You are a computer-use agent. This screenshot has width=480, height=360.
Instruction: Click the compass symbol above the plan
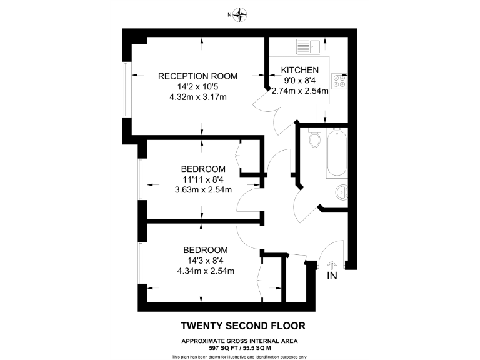coord(240,14)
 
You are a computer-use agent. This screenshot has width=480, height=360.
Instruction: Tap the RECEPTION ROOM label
coord(198,76)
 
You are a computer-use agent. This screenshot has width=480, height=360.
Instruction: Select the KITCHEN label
coord(300,70)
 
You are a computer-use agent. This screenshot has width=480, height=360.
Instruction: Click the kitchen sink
coord(309,46)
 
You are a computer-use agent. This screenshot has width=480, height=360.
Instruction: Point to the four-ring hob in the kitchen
coord(340,80)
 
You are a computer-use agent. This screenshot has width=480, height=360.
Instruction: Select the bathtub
coord(336,154)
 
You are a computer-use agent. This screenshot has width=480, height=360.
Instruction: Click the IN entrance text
coord(332,274)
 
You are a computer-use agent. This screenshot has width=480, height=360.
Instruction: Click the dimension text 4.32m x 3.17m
coord(197,97)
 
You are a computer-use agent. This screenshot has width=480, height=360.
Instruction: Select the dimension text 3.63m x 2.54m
coord(203,190)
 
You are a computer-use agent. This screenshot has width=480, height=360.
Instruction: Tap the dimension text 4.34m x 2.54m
coord(206,271)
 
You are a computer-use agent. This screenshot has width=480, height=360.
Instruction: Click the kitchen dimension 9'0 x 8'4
coord(300,80)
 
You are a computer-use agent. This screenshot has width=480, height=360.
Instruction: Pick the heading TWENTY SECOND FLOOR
coord(243,326)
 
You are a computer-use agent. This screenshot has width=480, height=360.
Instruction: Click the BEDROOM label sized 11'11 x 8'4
coord(203,169)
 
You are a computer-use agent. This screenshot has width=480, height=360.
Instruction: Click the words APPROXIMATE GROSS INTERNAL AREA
coord(240,341)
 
